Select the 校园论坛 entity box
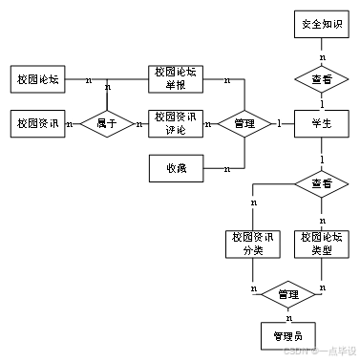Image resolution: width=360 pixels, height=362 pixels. click(x=38, y=79)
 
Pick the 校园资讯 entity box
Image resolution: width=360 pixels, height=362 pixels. click(x=38, y=123)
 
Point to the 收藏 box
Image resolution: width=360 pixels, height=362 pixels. click(x=176, y=168)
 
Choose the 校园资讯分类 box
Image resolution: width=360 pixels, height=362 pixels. click(x=252, y=243)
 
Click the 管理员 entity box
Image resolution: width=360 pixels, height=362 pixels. click(x=287, y=335)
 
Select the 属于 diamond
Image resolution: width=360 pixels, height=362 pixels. click(x=106, y=123)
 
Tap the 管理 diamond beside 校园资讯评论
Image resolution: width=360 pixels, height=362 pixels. click(x=244, y=123)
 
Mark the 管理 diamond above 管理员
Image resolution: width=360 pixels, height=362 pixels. click(x=287, y=295)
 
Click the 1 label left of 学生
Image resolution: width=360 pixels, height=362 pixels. click(x=279, y=122)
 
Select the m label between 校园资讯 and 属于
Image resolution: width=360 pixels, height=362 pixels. click(x=71, y=123)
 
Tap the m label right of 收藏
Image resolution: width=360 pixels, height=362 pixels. click(x=227, y=169)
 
